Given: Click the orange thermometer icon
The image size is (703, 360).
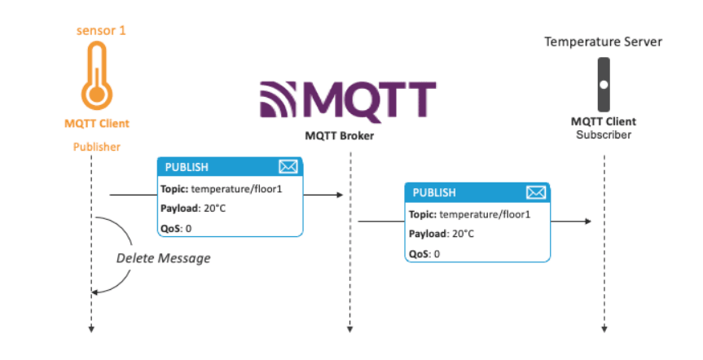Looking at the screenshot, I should coord(97,77).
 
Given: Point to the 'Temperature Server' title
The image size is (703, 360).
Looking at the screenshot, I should coord(604,41).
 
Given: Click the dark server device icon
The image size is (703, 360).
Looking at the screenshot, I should coord(604,84).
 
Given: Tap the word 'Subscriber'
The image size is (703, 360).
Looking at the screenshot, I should coord(604,134).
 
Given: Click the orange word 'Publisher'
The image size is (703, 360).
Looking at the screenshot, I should coord(97,147).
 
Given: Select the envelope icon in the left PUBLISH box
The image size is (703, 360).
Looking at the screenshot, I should coord(288,167).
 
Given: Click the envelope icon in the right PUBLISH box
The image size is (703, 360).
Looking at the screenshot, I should coord(535,193).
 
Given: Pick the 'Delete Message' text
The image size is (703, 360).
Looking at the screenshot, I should coord(163,258).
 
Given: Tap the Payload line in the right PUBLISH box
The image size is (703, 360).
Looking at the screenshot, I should coord(442,234).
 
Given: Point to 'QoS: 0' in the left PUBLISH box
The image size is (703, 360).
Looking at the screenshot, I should coord(177,228).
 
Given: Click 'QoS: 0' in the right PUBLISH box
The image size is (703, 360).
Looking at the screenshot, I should coord(424,253).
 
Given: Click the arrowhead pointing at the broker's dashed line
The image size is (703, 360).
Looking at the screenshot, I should coord(337,195).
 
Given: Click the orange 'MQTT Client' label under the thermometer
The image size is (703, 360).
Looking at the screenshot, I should coord(97,124).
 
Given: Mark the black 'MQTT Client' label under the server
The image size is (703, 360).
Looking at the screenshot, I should coord(604,121).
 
